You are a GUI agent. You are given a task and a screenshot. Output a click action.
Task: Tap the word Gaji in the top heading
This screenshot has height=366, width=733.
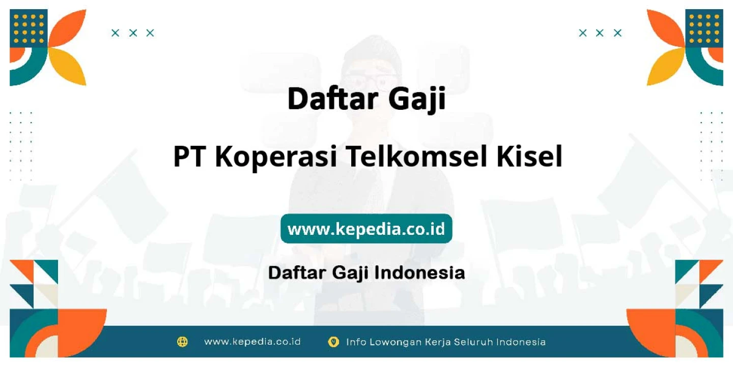click(x=417, y=99)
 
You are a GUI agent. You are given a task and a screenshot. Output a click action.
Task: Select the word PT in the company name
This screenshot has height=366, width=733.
click(x=189, y=157)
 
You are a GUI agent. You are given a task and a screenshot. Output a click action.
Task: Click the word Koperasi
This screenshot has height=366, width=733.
click(x=276, y=158)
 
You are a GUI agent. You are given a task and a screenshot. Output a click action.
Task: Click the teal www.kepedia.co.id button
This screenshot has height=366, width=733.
click(x=366, y=229)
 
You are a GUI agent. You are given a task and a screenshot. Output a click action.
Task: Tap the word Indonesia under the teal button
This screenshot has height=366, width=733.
click(x=419, y=273)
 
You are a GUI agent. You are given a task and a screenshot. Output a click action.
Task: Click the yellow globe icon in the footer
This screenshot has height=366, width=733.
click(x=182, y=342)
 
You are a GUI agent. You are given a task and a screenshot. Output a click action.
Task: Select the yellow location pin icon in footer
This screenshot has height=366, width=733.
click(x=333, y=342)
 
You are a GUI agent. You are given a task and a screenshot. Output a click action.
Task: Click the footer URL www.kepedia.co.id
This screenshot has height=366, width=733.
click(x=252, y=342)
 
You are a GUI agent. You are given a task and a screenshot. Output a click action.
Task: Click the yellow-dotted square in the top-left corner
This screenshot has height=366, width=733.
click(x=29, y=28)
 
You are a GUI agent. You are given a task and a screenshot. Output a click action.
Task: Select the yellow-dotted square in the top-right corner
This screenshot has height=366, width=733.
click(x=704, y=28)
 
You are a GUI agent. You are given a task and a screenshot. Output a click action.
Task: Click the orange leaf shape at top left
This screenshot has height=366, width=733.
click(x=67, y=28)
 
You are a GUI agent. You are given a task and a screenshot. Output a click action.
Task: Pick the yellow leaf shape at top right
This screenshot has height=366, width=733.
click(x=666, y=67)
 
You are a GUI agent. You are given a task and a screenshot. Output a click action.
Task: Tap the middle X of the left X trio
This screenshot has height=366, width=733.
click(x=133, y=33)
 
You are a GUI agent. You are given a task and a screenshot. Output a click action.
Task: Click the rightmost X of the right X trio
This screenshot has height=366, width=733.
click(x=617, y=33)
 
